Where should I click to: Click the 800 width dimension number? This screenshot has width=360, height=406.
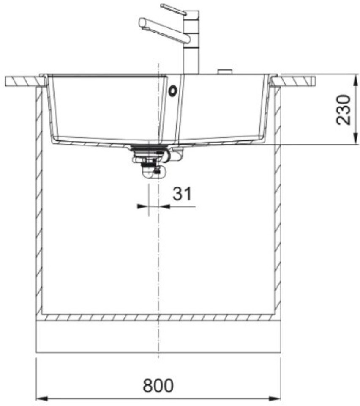[x=158, y=386]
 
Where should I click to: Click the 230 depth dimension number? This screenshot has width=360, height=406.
[x=343, y=110]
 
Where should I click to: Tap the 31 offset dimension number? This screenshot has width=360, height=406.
[x=183, y=194]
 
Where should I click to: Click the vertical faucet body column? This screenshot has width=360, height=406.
[x=191, y=42]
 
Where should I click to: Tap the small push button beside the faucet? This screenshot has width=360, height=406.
[x=224, y=72]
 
